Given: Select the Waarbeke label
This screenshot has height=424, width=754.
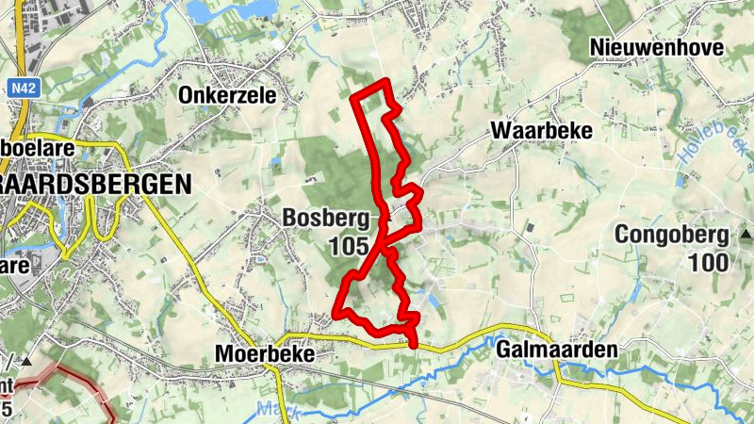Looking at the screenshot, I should (x=541, y=131).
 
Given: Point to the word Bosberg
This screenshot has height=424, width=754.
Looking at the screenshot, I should (x=325, y=218).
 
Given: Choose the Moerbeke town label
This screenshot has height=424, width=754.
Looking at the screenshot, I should (x=262, y=353).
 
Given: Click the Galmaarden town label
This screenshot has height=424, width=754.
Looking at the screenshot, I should (x=556, y=350).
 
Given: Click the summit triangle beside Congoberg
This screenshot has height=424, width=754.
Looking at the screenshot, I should (x=745, y=234).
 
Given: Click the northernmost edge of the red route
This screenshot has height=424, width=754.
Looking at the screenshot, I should (x=384, y=84).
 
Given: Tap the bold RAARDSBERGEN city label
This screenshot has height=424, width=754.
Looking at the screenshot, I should (x=94, y=184).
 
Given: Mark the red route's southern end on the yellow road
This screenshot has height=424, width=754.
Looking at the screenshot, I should (x=413, y=344).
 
